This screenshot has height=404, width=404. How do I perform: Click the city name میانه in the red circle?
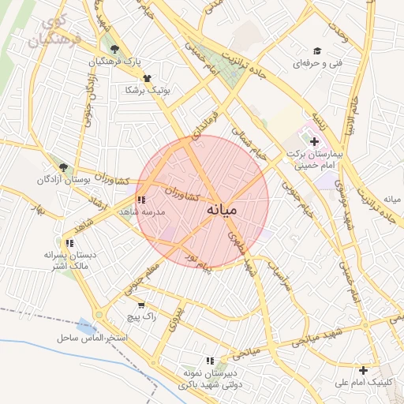pos(228,211)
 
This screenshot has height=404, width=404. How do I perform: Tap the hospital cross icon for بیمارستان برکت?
pos(315,142)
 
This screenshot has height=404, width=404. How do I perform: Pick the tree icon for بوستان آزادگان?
pos(63,167)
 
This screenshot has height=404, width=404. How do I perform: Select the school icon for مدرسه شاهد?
pos(140,200)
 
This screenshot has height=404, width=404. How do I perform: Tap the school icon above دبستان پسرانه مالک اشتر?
pos(69,243)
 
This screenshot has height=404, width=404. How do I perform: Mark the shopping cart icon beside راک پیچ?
pos(140,305)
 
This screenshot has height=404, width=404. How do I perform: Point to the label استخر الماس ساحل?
pos(92,338)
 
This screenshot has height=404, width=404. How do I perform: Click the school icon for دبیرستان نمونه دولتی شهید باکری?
pos(211,361)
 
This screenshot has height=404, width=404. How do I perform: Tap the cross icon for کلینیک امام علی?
pos(363,370)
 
